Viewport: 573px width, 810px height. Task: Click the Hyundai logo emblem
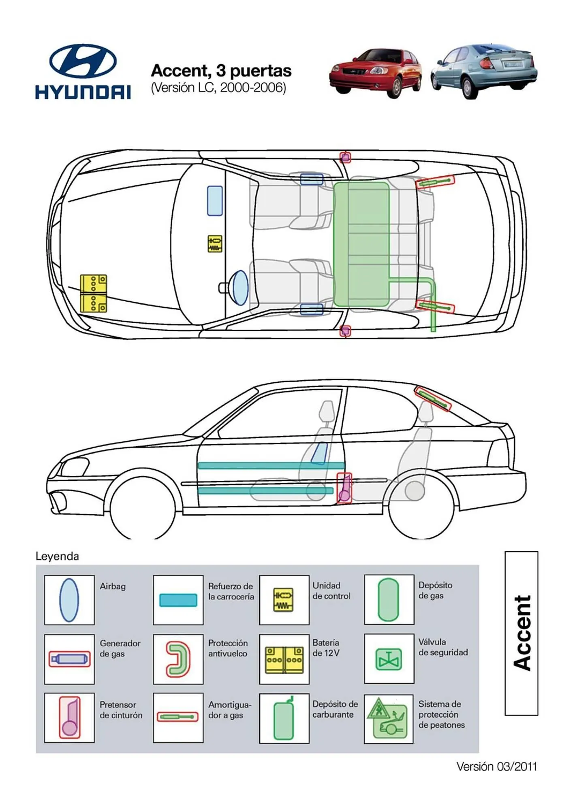(x=83, y=61)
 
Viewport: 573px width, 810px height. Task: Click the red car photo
(x=375, y=73)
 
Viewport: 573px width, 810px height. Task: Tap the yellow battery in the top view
(x=93, y=293)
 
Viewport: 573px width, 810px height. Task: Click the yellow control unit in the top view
(x=215, y=243)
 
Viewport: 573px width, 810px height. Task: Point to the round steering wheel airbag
(x=240, y=288)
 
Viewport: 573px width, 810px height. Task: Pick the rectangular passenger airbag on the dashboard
(x=215, y=201)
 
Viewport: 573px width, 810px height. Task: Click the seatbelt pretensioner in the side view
(x=344, y=488)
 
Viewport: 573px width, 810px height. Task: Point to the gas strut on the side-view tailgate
(x=433, y=399)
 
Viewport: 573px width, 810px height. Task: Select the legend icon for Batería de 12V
(x=284, y=659)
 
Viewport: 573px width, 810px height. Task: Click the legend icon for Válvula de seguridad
(x=389, y=659)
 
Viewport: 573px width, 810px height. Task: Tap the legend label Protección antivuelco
(x=228, y=648)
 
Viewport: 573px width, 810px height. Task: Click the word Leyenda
(x=57, y=556)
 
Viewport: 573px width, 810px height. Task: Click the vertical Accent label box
(x=521, y=633)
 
